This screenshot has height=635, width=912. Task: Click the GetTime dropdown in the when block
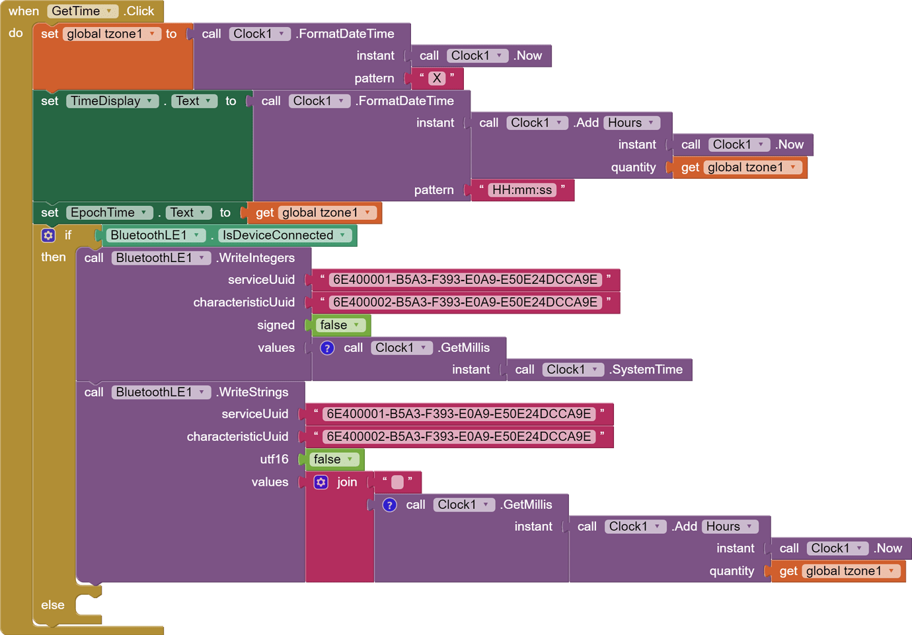pos(82,11)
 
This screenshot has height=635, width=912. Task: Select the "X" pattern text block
pos(437,79)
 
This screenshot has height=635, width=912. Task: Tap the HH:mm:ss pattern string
pos(522,190)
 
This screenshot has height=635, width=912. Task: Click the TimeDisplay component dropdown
pos(112,101)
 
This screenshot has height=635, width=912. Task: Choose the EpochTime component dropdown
pos(109,213)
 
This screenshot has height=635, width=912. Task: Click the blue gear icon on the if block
pos(48,235)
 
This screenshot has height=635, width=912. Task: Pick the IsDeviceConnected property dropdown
pos(284,235)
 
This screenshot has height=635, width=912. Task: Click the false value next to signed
pos(340,325)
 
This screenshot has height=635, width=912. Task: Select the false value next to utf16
pos(333,459)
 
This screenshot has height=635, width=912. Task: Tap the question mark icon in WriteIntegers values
pos(327,348)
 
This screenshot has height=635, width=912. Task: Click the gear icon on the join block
pos(321,482)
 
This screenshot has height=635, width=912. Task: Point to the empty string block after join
pos(397,482)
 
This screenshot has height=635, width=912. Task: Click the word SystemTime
pos(646,370)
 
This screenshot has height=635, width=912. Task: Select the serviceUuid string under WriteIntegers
pos(465,280)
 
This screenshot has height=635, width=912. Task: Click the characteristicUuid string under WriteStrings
pos(459,436)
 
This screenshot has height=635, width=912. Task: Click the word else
pos(53,605)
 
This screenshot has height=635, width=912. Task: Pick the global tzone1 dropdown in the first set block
pos(112,34)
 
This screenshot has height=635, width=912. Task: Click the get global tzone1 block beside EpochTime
pos(315,213)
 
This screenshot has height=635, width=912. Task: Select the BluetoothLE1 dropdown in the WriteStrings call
pos(161,392)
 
